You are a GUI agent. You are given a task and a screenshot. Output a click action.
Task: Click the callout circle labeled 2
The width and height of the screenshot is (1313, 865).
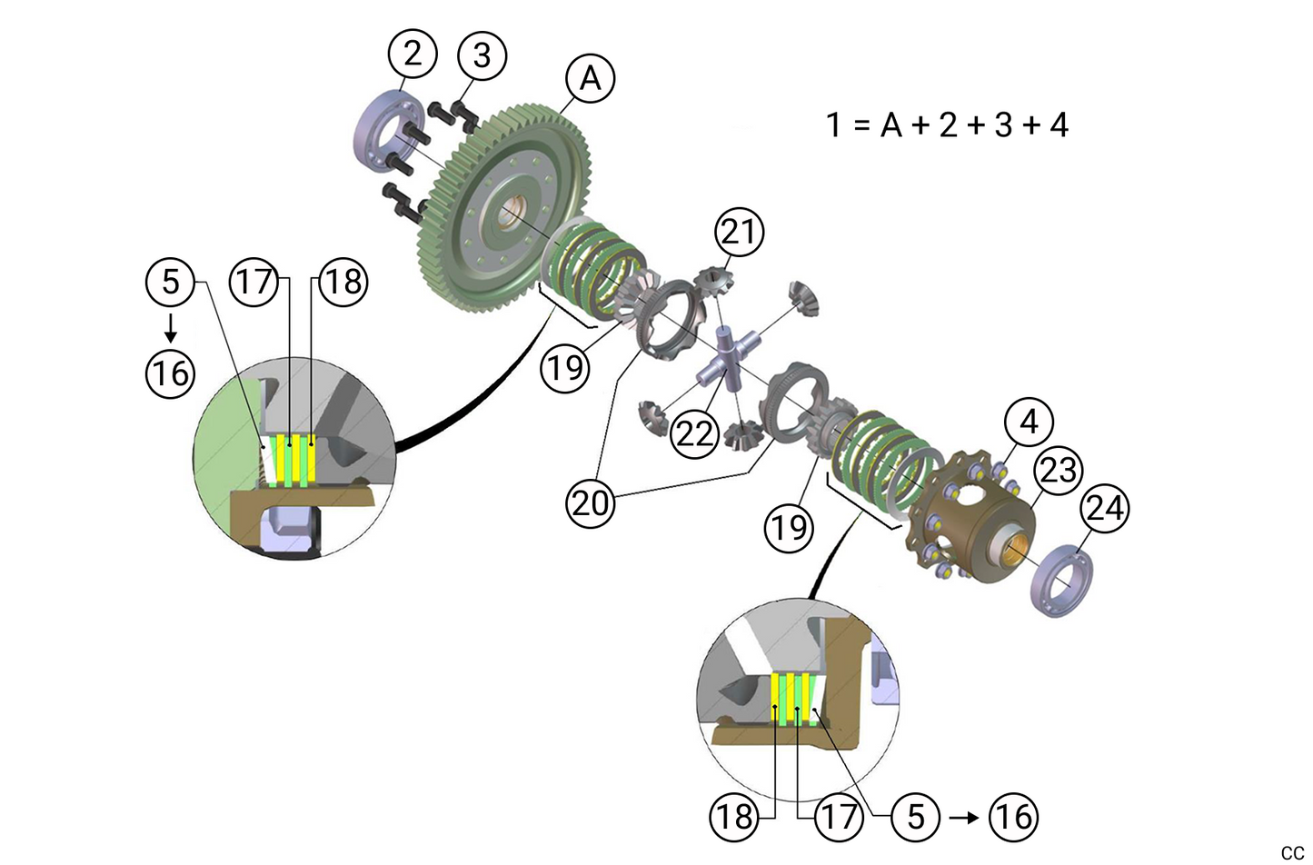click(413, 54)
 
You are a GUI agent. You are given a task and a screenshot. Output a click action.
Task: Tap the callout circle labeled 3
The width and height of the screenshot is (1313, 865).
click(482, 55)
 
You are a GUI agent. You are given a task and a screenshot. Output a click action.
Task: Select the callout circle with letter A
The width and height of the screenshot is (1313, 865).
click(591, 78)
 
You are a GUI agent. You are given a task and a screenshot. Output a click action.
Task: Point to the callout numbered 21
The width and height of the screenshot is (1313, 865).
click(739, 232)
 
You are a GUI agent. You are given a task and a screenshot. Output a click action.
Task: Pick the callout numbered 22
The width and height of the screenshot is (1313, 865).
click(695, 433)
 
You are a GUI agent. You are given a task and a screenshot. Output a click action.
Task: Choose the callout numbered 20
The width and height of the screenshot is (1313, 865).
click(591, 502)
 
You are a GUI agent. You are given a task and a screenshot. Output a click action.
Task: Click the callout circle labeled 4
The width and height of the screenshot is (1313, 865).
click(1028, 422)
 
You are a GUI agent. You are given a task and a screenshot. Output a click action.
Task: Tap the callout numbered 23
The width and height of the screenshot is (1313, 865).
click(1058, 470)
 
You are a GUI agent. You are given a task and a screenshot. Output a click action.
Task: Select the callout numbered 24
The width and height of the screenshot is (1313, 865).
click(1104, 507)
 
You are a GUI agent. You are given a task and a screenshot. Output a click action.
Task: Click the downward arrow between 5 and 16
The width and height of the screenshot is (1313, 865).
click(170, 328)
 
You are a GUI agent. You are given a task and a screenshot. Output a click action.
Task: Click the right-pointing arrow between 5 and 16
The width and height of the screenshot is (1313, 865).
click(964, 817)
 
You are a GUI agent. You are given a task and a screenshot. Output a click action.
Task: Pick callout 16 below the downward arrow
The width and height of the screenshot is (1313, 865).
click(170, 373)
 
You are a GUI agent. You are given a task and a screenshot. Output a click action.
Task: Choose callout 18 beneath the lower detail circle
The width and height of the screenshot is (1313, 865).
click(733, 817)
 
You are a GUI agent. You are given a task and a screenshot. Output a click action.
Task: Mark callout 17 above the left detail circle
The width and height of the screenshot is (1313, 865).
click(254, 282)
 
